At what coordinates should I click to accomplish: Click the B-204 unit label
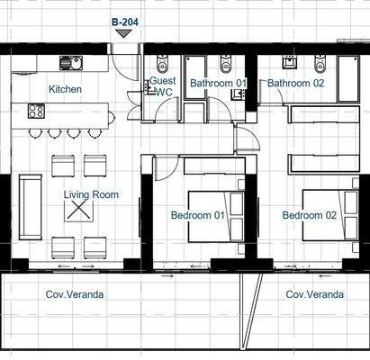click(123, 21)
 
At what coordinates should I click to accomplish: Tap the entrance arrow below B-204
click(123, 33)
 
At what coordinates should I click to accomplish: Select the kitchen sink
click(70, 63)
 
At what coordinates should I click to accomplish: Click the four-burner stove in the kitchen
click(36, 112)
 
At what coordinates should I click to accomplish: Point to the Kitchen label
click(65, 89)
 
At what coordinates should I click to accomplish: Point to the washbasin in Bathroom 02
click(290, 63)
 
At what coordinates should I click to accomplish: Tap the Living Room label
click(91, 194)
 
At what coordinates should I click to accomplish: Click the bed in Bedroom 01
click(216, 215)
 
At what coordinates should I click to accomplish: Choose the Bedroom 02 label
click(309, 215)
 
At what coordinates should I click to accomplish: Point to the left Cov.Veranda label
click(75, 294)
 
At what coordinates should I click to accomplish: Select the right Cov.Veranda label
click(314, 294)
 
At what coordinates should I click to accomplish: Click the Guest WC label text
click(163, 85)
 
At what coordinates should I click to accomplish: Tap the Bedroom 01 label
click(197, 215)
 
